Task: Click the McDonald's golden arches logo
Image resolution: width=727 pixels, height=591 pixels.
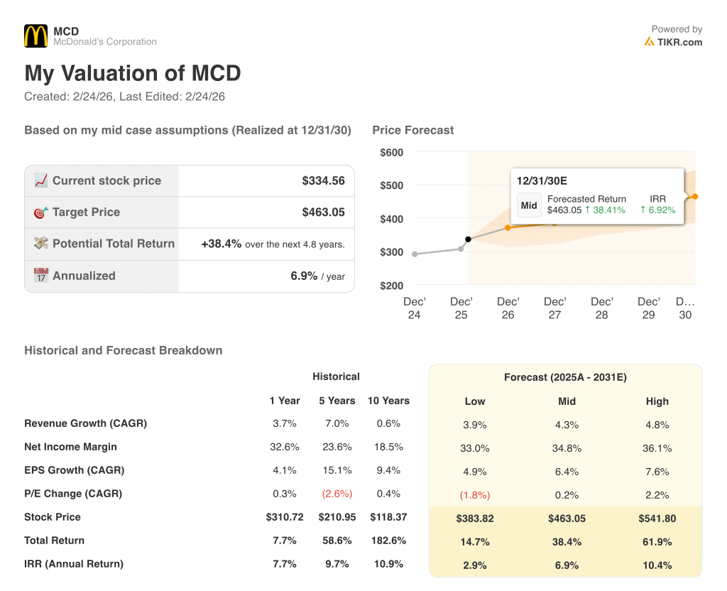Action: coord(35,36)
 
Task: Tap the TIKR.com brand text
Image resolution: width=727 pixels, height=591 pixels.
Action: coord(679,42)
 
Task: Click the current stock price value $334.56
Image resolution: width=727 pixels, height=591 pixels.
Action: coord(323,180)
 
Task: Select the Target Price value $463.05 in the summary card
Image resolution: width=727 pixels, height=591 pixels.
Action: coord(323,212)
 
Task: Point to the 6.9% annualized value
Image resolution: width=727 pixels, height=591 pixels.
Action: coord(304,276)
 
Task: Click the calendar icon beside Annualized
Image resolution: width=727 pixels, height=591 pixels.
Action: coord(41,276)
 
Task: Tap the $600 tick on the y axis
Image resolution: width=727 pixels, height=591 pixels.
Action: coord(391,152)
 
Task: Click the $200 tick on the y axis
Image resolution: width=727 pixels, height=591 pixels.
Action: coord(391,286)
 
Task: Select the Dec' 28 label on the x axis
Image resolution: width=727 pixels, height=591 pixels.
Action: coord(601,308)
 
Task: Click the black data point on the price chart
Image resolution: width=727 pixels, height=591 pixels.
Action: coord(468,239)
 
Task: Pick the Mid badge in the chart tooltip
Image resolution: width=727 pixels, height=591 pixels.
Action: coord(529,205)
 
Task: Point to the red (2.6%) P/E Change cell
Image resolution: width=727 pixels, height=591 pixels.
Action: coord(337,494)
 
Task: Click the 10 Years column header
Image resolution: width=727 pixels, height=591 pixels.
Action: coord(388,401)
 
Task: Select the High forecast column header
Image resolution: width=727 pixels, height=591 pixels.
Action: coord(657,401)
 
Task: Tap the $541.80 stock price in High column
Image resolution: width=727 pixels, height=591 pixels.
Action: coord(657,519)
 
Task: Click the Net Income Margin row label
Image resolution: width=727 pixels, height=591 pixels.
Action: coord(70,447)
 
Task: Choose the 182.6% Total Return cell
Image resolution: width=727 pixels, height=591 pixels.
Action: coord(388,541)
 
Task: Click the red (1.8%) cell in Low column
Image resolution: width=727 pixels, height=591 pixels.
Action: coord(475,495)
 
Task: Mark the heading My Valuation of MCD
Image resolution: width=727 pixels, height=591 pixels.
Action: coord(133,73)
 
